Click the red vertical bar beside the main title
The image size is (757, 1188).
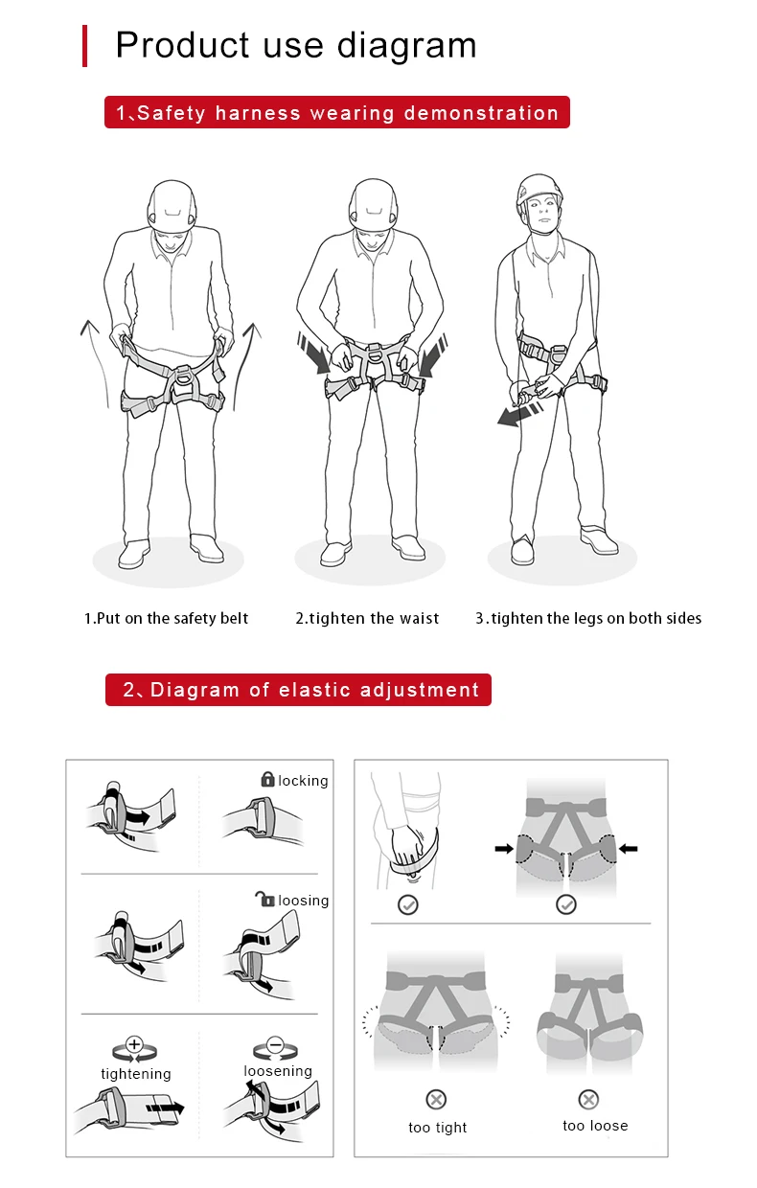pos(85,46)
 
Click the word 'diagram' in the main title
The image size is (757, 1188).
pos(407,46)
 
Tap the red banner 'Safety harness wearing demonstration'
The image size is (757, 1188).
pos(337,112)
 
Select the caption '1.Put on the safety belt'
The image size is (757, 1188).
pos(166,618)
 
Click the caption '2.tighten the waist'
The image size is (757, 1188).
pos(367,618)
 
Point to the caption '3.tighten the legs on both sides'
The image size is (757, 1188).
pos(588,618)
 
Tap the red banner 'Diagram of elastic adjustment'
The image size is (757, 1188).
pos(298,690)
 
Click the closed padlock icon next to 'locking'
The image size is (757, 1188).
pos(268,779)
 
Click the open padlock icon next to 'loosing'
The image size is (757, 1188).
pos(265,899)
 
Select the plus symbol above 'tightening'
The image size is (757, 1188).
pos(134,1044)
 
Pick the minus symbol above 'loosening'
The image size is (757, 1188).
pos(275,1044)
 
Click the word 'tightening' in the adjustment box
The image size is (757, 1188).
pos(136,1074)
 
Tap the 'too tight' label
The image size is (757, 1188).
pos(437,1128)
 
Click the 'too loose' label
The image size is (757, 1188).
pos(595,1126)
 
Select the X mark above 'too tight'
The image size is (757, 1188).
pos(436,1100)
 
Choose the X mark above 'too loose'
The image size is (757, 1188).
pos(588,1100)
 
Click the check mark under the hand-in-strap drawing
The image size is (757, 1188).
pos(408,904)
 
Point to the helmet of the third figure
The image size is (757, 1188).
pos(539,191)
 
